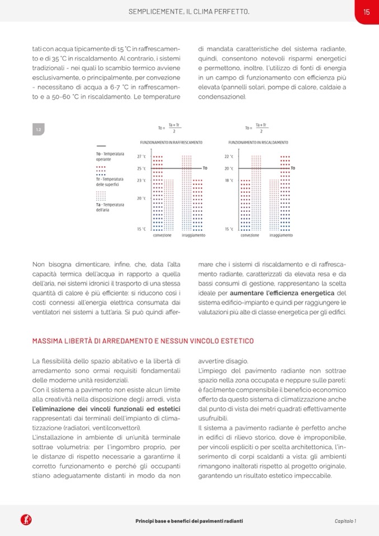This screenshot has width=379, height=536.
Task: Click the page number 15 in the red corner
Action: (366, 11)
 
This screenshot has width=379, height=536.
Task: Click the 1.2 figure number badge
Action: (39, 130)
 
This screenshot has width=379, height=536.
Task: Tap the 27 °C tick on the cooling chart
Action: (141, 157)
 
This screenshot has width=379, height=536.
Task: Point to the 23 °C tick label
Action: (141, 181)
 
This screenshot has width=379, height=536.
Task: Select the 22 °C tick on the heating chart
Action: (228, 157)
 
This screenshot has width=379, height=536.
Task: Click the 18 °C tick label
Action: (228, 181)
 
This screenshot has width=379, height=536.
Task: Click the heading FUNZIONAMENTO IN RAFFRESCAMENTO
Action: (171, 143)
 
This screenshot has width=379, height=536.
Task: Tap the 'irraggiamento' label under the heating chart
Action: (281, 235)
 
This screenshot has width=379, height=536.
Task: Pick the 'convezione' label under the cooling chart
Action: (163, 235)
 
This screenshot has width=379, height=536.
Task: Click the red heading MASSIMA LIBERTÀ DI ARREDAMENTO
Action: (143, 341)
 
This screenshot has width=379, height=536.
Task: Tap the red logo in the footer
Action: (26, 520)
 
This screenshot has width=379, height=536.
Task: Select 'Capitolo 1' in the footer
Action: (345, 521)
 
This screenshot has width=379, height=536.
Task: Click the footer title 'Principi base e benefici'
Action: (189, 521)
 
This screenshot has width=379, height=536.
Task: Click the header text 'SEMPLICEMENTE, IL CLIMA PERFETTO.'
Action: (189, 11)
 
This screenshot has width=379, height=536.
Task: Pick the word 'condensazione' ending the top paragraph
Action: (221, 97)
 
